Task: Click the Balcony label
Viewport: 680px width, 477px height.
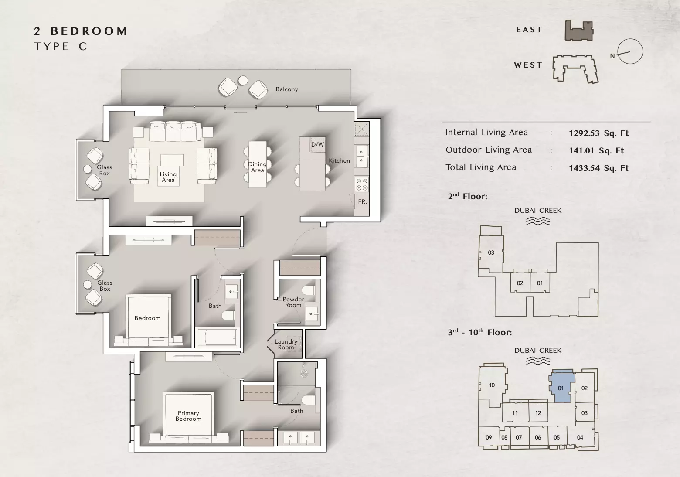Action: coord(286,89)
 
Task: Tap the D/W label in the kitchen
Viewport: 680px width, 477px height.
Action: coord(317,144)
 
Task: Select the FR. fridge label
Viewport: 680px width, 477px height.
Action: coord(362,201)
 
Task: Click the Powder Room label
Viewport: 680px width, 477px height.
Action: coord(293,302)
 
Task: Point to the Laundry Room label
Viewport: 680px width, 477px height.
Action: coord(286,344)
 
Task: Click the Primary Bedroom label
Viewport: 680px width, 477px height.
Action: coord(188,416)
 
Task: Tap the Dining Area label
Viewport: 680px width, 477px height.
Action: coord(257,167)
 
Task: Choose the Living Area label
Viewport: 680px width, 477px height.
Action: coord(168,177)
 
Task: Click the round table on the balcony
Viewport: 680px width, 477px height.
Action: coord(242,81)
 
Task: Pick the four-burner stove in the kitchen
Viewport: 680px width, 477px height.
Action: coord(361,184)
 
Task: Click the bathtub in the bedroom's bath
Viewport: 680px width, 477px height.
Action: coord(217,337)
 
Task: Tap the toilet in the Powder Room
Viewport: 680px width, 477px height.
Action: coord(309,290)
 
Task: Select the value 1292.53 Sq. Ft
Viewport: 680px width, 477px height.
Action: coord(598,133)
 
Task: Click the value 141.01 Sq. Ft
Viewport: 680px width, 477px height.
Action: coord(596,150)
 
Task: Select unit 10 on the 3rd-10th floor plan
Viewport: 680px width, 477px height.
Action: coord(492,385)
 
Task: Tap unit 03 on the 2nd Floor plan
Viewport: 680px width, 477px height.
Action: coord(491,252)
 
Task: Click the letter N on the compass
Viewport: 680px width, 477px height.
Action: coord(612,56)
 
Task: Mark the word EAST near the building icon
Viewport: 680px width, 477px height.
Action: coord(529,30)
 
